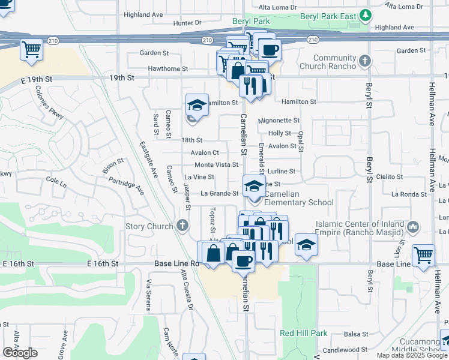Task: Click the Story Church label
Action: coord(150,227)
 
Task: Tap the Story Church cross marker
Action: coord(182,226)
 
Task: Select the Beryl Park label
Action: coord(251,21)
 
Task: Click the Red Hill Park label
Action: coord(304,333)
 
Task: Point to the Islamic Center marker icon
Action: coord(413,227)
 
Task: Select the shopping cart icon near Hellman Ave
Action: coord(424,254)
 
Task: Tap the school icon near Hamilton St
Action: coord(196,105)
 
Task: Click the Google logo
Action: coord(20,353)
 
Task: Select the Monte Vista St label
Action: coord(216,165)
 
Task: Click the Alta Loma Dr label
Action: coord(277,7)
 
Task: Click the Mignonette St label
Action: coord(278,121)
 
